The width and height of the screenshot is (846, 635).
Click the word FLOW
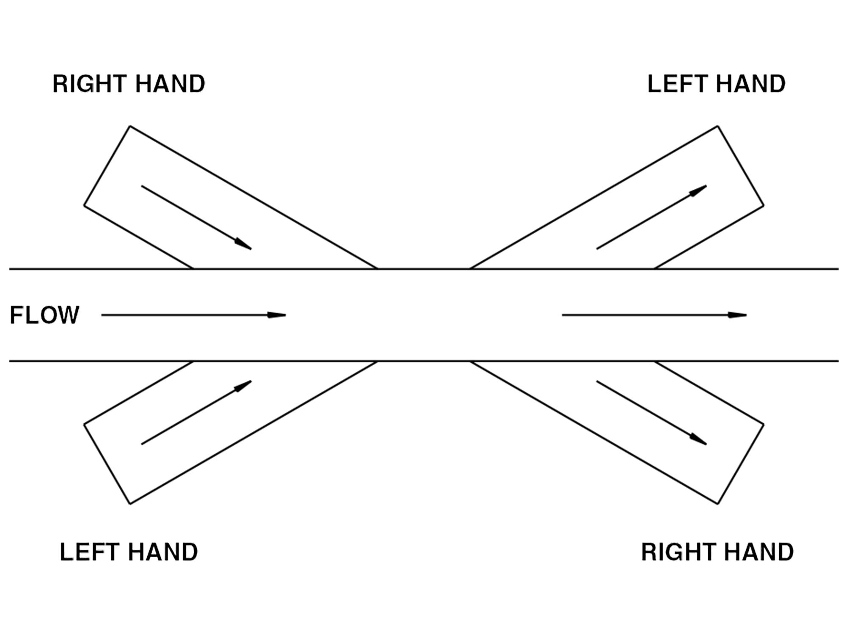pyautogui.click(x=44, y=315)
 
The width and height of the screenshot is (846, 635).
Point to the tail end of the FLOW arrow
pyautogui.click(x=102, y=315)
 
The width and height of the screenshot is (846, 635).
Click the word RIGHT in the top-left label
pyautogui.click(x=88, y=84)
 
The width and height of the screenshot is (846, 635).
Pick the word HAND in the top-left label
pyautogui.click(x=170, y=84)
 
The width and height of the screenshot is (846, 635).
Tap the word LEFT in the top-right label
pyautogui.click(x=674, y=84)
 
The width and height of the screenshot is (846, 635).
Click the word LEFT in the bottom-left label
pyautogui.click(x=86, y=552)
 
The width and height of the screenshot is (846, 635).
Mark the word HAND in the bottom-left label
pyautogui.click(x=163, y=552)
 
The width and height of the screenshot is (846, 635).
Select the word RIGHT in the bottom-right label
pyautogui.click(x=676, y=552)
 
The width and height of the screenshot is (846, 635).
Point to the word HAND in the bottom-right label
pyautogui.click(x=759, y=552)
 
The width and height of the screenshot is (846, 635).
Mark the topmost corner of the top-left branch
pyautogui.click(x=130, y=126)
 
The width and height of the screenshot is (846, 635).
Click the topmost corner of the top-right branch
pyautogui.click(x=717, y=126)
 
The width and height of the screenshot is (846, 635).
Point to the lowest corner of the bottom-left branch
pyautogui.click(x=130, y=504)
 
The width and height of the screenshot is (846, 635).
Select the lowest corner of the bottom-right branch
pyautogui.click(x=717, y=504)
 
